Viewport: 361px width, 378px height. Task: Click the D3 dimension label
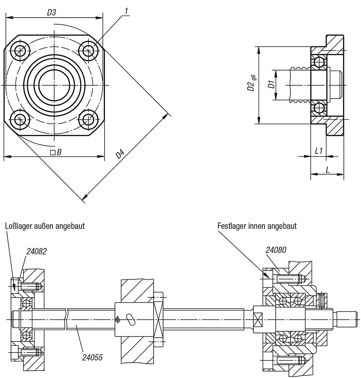(x=52, y=12)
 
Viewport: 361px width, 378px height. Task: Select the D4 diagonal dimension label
(x=120, y=155)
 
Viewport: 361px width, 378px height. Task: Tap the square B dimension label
(x=56, y=152)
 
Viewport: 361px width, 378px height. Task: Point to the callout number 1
(x=126, y=11)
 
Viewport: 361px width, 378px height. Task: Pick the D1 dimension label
(x=271, y=84)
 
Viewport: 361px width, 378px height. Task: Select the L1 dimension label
(x=319, y=151)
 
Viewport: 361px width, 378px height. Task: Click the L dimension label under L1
(x=327, y=170)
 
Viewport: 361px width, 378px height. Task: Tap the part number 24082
(x=37, y=251)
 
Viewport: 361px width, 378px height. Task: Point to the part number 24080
(x=276, y=250)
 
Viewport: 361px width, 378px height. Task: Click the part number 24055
(x=92, y=358)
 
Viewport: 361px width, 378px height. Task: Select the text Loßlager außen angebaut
(x=45, y=226)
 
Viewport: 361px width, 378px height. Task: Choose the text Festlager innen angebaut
(x=257, y=226)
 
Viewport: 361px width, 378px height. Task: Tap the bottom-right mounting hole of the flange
(x=88, y=120)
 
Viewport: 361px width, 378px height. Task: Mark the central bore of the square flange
(x=54, y=85)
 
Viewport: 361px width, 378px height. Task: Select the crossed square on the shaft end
(x=258, y=319)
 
